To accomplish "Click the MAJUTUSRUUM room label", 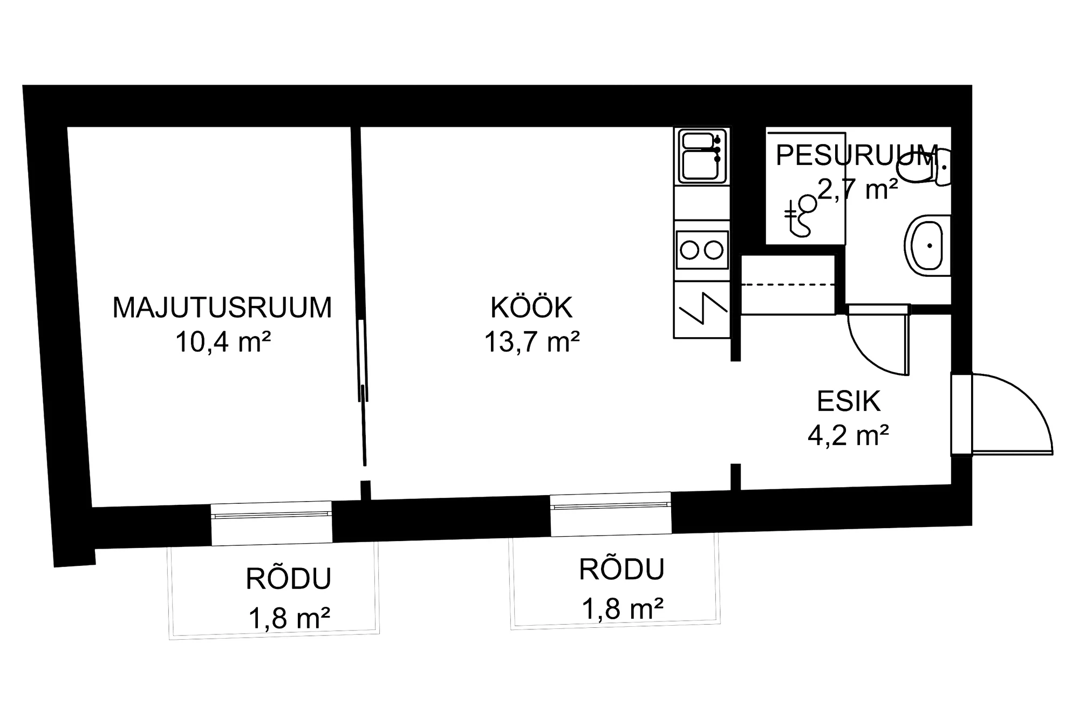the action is pos(222,307).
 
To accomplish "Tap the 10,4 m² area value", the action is pos(222,341).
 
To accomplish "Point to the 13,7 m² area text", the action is pos(532,341).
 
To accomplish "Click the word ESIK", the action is pos(849,401).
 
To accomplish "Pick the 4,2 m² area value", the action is pos(848,435).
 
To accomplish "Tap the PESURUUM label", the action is pos(857,155).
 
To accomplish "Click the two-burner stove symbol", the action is pos(702,250).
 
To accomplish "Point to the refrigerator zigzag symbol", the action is pos(702,309).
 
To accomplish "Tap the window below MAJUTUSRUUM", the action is pos(271,523).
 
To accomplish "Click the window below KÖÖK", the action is pos(611,514).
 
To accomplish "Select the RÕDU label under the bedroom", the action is pos(289,579).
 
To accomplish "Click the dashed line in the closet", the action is pos(788,284).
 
